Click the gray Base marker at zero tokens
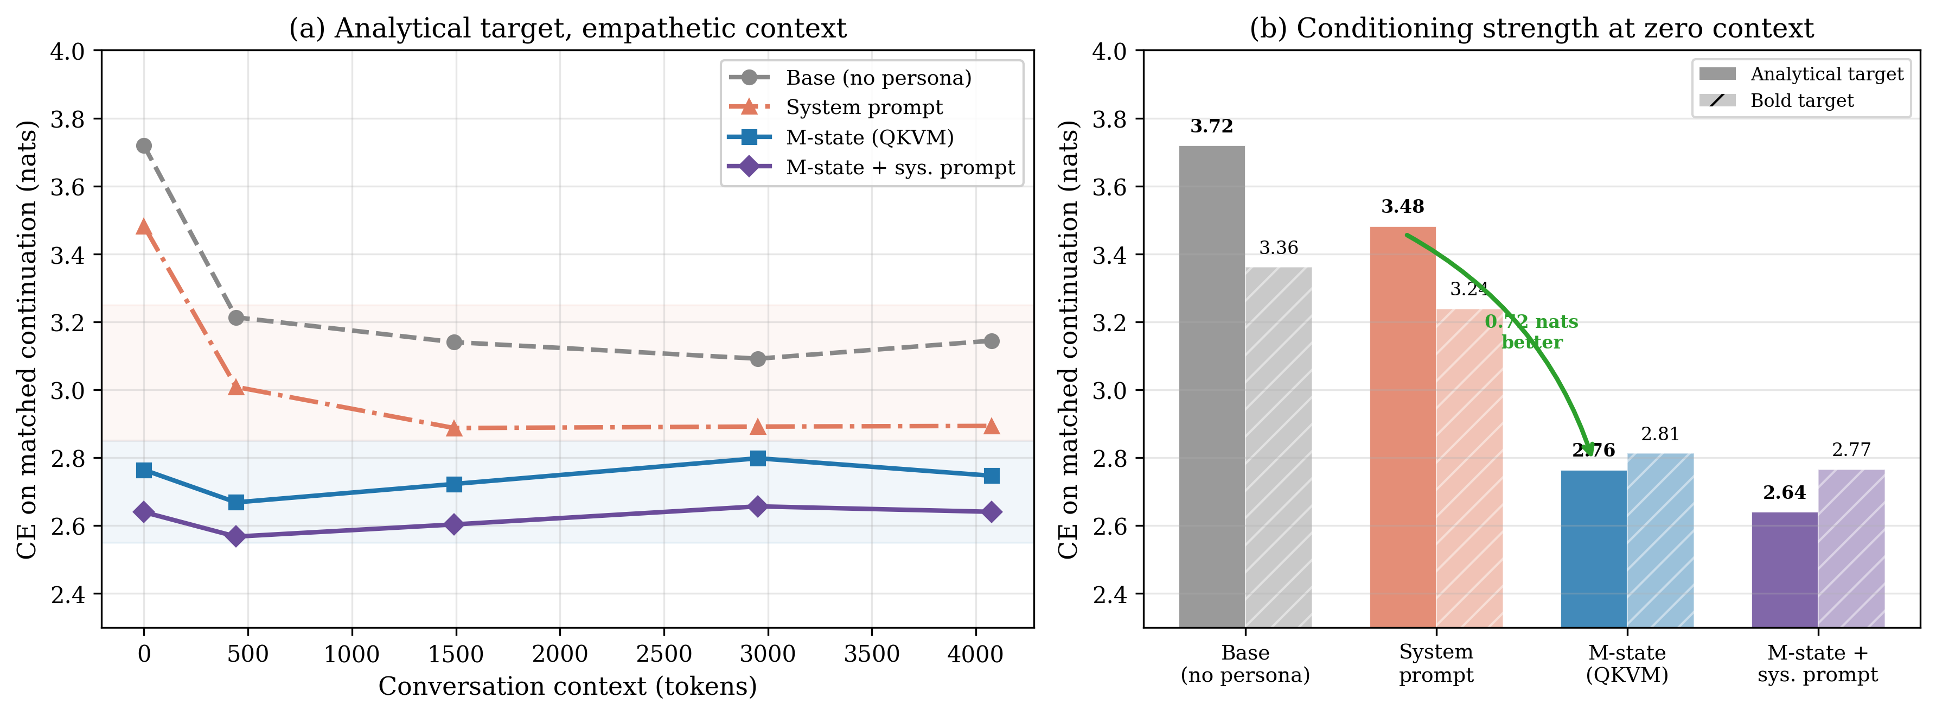(144, 146)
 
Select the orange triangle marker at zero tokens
(144, 227)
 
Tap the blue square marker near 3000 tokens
(758, 458)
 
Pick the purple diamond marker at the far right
(991, 512)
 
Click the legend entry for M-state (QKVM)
(870, 138)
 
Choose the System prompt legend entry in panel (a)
(864, 107)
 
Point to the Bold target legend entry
(1801, 101)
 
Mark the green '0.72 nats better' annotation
(1532, 332)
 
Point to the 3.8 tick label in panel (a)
(68, 119)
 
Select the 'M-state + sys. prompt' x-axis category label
(1817, 663)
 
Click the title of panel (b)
(1531, 29)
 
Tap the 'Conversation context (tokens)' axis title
(567, 687)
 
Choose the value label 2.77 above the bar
(1850, 450)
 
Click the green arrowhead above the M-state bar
(1588, 448)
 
